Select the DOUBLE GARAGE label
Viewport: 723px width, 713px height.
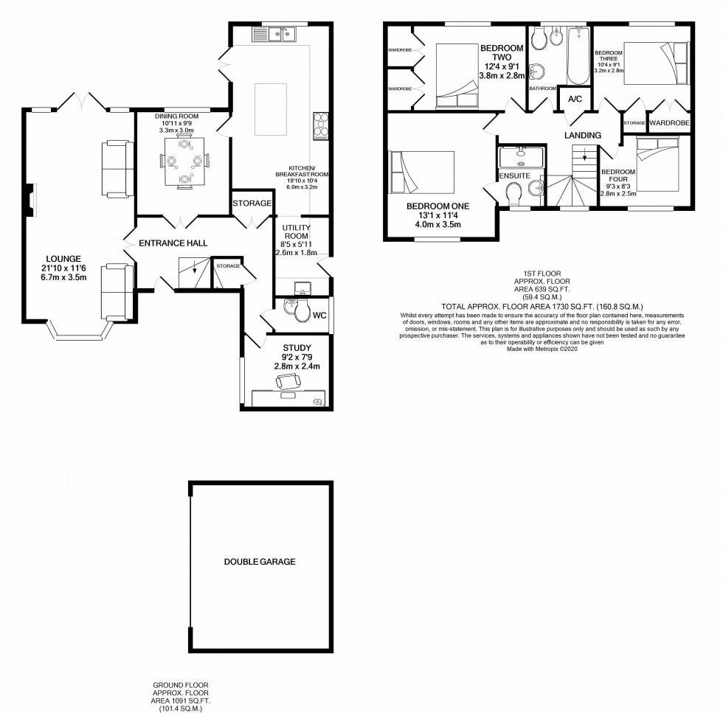tap(259, 562)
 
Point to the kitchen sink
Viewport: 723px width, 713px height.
tap(280, 33)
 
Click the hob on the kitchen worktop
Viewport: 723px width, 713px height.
tap(322, 126)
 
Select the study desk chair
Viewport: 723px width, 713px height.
tap(288, 381)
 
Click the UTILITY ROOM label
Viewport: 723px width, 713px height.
tap(295, 233)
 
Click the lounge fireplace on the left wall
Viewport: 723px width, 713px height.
tap(30, 201)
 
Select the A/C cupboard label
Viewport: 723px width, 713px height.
tap(573, 97)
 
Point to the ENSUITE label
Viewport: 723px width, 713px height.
tap(513, 176)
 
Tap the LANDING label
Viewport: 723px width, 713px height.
tap(583, 136)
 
